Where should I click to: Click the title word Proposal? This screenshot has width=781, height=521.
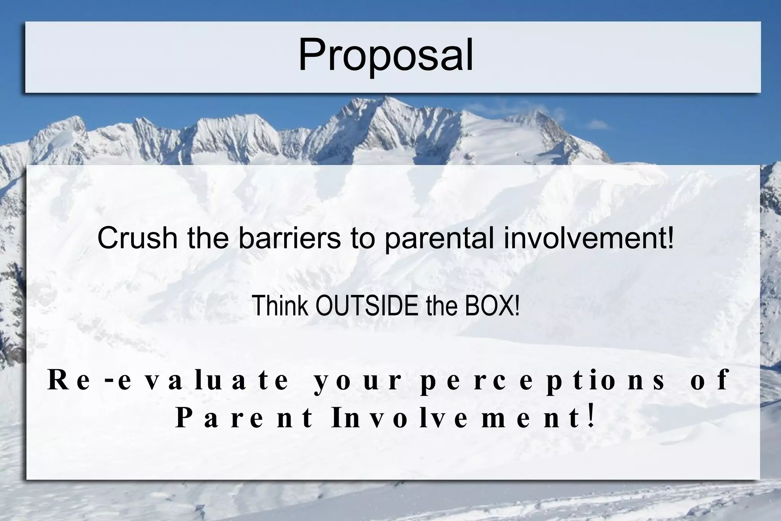386,56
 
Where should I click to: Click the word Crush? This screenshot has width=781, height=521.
137,238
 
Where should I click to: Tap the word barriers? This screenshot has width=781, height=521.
289,238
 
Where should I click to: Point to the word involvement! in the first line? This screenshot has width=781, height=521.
589,238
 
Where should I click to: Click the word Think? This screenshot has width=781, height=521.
280,306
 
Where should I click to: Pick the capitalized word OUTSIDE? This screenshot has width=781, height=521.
367,306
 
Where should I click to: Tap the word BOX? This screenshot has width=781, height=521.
492,306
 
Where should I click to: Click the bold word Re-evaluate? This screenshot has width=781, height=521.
168,380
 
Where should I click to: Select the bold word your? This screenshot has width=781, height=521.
357,381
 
